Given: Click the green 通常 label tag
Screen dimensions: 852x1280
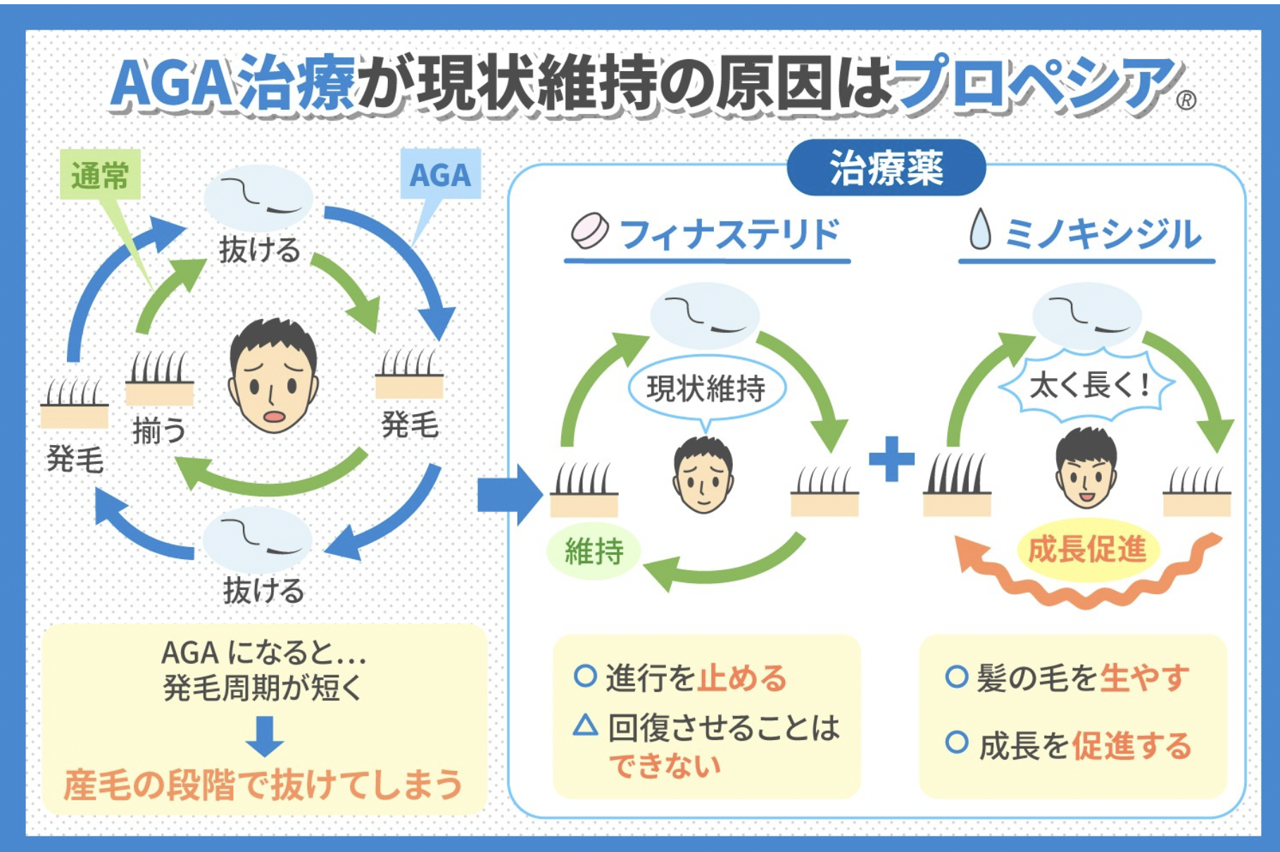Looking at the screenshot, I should click(100, 175).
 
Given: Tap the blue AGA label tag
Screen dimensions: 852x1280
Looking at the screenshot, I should click(440, 174).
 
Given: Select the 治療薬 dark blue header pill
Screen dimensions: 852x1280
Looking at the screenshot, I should click(886, 168).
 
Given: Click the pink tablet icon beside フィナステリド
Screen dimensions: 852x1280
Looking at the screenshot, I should click(589, 231).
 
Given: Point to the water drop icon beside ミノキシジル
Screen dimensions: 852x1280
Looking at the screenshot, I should click(979, 230).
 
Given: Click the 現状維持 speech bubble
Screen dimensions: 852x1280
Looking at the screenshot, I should click(706, 388).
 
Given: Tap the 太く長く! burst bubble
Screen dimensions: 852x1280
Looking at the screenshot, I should click(1088, 385).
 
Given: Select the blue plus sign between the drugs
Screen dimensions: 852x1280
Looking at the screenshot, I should click(891, 459).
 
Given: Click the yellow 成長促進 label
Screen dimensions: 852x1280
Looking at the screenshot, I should click(1087, 549).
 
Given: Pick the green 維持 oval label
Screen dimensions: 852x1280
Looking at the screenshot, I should click(594, 551).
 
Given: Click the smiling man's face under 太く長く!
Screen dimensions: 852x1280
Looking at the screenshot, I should click(1086, 469).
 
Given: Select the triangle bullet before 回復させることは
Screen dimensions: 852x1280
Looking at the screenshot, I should click(585, 725).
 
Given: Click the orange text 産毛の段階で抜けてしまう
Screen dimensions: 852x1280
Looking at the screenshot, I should click(263, 785).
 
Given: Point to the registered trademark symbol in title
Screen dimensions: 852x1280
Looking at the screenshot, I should click(1186, 101).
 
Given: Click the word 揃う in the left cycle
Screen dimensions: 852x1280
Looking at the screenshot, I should click(160, 430).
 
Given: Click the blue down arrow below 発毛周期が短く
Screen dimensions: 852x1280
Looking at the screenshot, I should click(265, 736).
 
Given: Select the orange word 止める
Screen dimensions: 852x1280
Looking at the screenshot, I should click(742, 677).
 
